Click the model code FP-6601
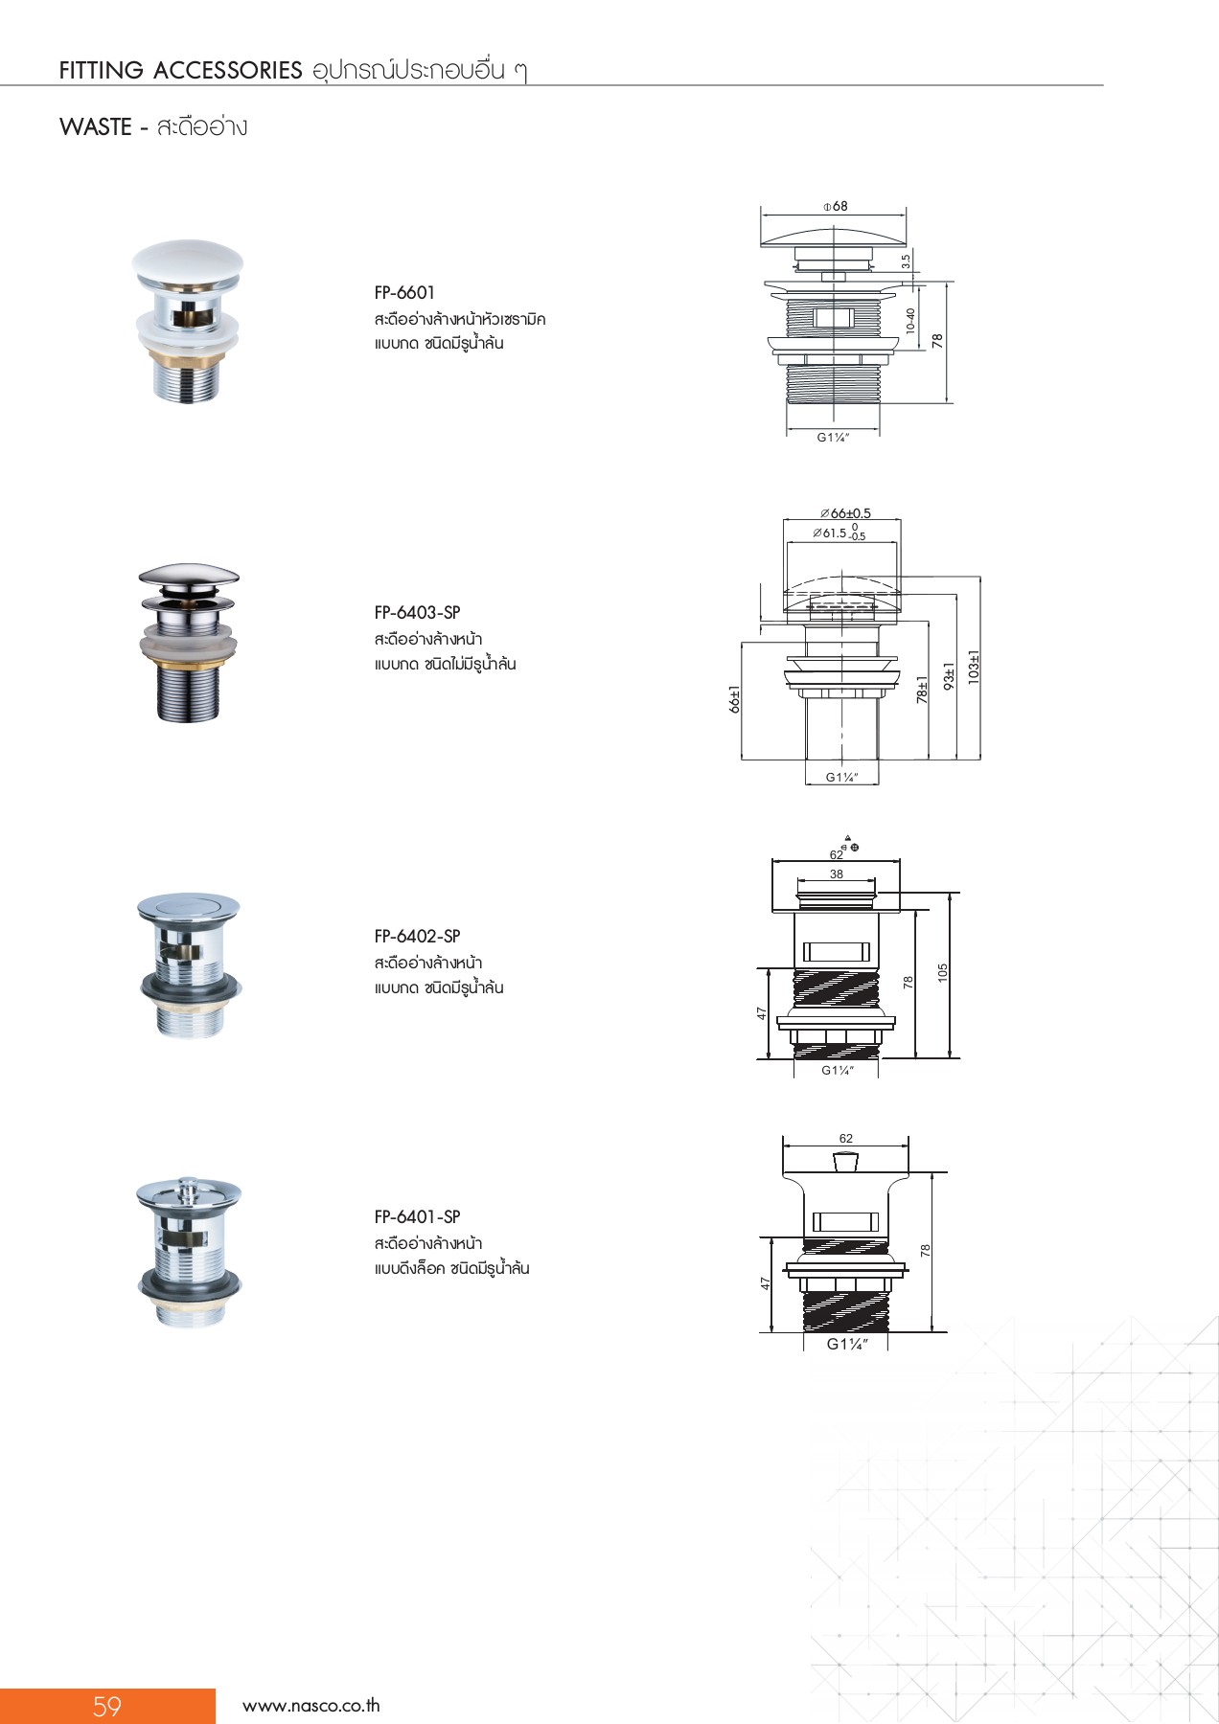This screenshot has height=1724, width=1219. tap(404, 293)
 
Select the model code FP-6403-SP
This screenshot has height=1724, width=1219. tap(417, 613)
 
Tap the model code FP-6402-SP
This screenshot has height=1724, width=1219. tap(417, 937)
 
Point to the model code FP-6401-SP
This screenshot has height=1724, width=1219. tap(417, 1217)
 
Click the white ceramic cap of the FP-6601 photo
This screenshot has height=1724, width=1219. tap(189, 262)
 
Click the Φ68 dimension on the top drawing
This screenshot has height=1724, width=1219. tap(835, 206)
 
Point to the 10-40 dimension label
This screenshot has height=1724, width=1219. tap(910, 320)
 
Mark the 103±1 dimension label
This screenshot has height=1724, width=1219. tap(974, 666)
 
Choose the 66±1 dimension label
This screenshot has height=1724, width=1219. tap(735, 699)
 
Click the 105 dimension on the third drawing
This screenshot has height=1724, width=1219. tap(943, 972)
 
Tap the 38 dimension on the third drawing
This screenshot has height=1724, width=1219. tap(837, 874)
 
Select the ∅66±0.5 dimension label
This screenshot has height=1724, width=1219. tap(845, 513)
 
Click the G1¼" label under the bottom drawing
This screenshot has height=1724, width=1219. tap(847, 1344)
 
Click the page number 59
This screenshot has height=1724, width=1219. tap(107, 1706)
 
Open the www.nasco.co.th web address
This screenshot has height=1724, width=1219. tap(311, 1706)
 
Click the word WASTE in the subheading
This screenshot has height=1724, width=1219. tap(96, 127)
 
